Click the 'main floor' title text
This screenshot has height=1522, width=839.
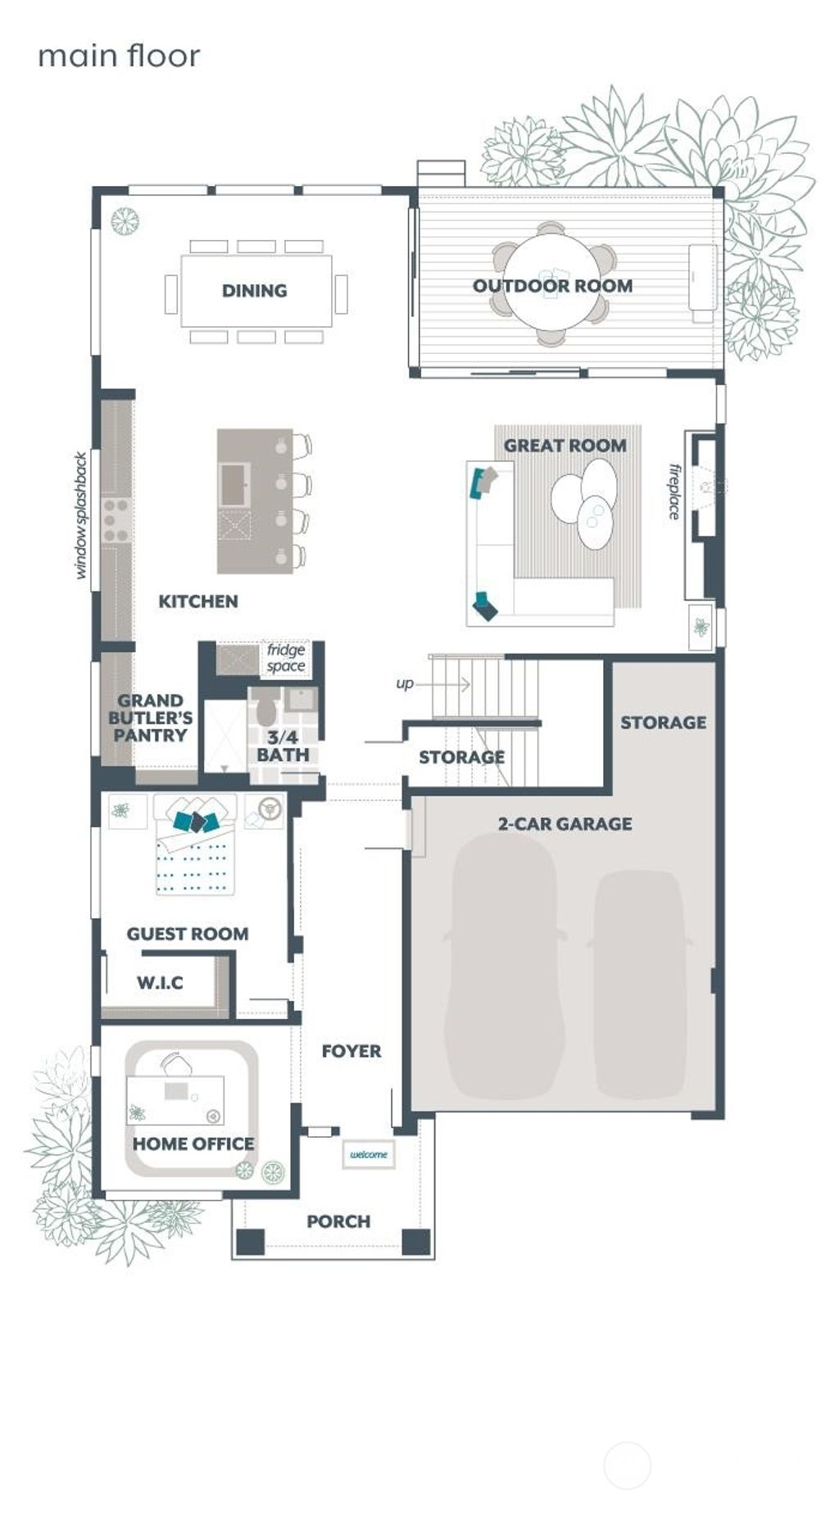tap(119, 57)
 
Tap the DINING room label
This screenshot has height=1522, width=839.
tap(254, 291)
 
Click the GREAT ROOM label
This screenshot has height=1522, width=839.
tap(565, 446)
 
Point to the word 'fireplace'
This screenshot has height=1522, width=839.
tap(674, 491)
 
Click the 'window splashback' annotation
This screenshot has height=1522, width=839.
tap(80, 515)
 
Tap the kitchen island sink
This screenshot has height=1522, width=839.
tap(235, 484)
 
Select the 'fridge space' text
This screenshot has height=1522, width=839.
tap(286, 658)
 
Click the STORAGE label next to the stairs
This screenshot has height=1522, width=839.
tap(461, 758)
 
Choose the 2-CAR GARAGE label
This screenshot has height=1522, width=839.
tap(565, 824)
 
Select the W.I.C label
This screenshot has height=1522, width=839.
tap(160, 982)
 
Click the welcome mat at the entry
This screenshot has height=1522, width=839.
tap(369, 1154)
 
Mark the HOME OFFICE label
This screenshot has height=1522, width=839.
tap(193, 1144)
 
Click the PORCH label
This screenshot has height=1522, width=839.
tap(338, 1221)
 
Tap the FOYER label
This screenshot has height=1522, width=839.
tap(351, 1051)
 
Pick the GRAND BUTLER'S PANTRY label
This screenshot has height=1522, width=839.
tap(150, 718)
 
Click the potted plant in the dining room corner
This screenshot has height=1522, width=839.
tap(125, 220)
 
